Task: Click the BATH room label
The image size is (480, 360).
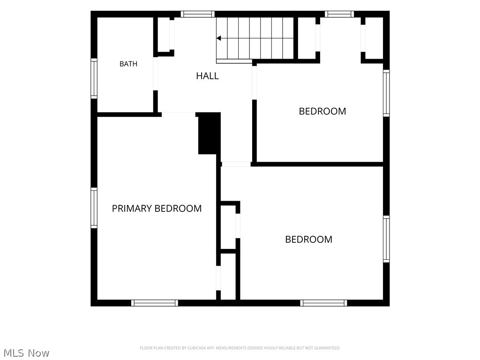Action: tap(128, 64)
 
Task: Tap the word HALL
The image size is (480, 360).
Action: tap(207, 76)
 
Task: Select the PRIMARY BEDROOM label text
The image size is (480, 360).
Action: tap(157, 209)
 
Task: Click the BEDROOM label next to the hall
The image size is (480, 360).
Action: tap(322, 111)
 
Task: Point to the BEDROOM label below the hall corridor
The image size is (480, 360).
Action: tap(308, 240)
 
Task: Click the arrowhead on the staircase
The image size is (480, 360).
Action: tap(218, 38)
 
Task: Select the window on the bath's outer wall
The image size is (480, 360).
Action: tap(94, 78)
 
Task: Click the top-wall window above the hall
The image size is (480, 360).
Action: tap(197, 14)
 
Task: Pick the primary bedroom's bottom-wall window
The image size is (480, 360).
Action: tap(155, 303)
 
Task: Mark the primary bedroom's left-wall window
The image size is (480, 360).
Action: tap(94, 208)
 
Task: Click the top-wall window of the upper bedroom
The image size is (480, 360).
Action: tap(339, 14)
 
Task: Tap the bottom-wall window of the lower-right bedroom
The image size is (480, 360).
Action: tap(323, 303)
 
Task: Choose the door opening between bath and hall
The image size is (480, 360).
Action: tap(156, 74)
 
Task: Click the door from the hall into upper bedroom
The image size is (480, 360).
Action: tap(255, 82)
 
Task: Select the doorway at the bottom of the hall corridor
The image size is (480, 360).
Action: tap(236, 165)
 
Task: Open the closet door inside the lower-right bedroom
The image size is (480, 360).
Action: tap(238, 225)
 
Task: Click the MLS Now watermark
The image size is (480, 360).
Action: tap(26, 353)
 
